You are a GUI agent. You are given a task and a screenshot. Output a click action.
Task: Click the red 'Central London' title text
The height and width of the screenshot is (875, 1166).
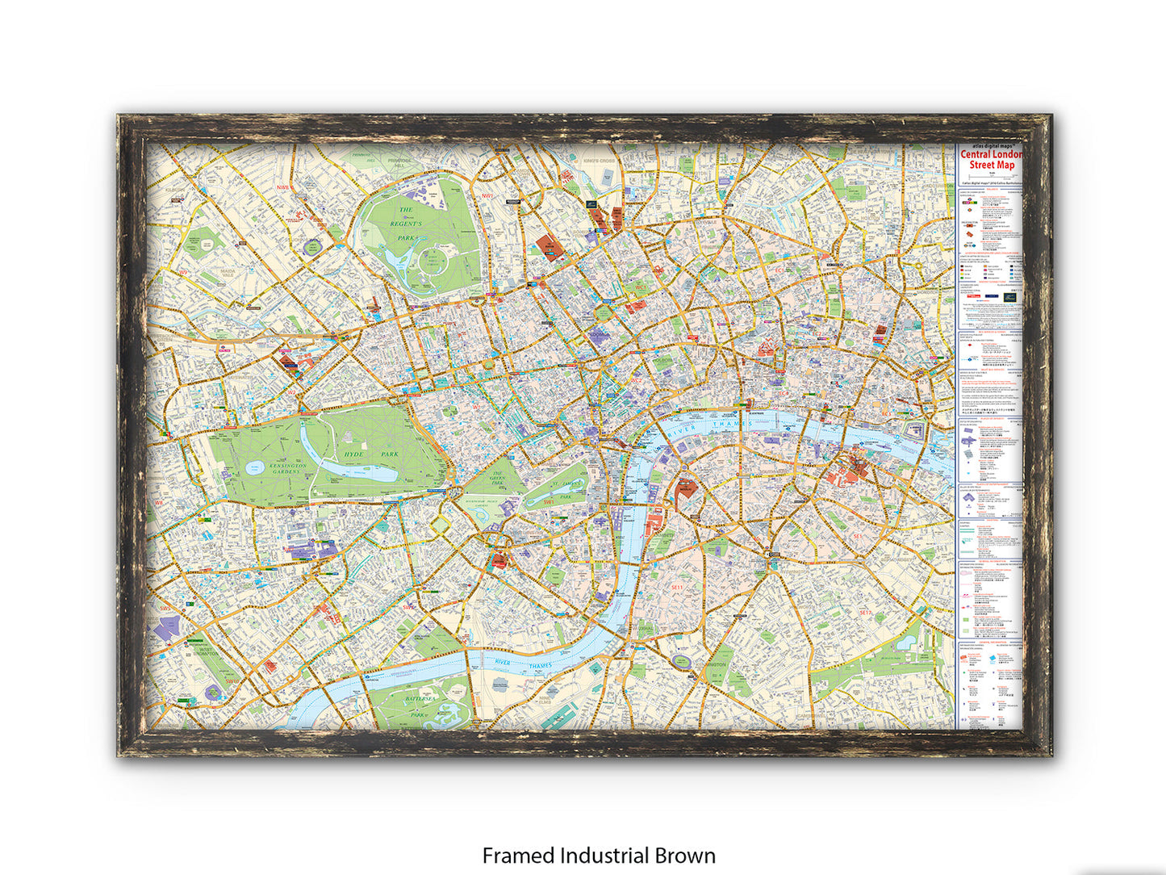point(992,154)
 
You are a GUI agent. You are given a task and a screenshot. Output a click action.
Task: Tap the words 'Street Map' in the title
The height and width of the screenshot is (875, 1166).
point(992,165)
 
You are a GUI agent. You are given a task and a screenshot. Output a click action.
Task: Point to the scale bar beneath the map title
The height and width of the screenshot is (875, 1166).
point(992,174)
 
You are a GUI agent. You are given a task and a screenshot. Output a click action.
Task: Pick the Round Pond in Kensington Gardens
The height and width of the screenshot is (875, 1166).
point(254,467)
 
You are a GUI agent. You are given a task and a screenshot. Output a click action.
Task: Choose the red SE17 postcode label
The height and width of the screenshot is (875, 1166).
point(864,613)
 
